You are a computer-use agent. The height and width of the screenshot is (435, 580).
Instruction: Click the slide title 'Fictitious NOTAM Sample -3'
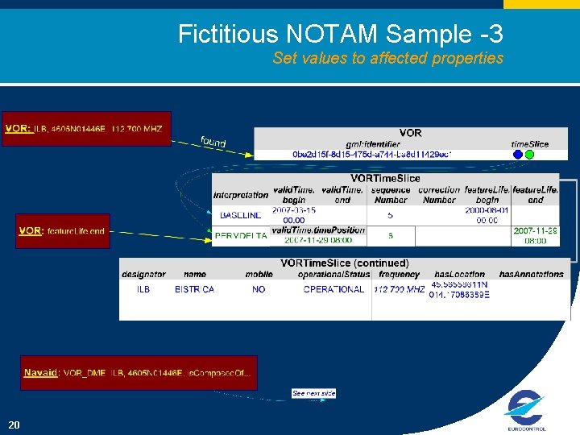point(340,34)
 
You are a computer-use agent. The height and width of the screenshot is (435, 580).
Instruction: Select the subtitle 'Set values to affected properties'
point(387,58)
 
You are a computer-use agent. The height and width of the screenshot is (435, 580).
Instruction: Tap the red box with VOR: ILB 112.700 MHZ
point(86,128)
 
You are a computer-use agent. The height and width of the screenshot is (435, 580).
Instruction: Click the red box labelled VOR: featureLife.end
point(63,230)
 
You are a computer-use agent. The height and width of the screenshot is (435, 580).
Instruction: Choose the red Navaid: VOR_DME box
point(139,372)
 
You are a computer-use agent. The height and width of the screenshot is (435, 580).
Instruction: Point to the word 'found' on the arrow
point(213,143)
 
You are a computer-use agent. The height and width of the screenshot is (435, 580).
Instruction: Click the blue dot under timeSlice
point(517,154)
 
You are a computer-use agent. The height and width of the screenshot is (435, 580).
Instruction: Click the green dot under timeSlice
point(529,154)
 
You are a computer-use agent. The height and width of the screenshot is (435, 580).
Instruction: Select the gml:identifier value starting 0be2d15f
point(371,154)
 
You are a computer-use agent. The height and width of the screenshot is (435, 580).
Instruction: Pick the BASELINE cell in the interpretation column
point(241,215)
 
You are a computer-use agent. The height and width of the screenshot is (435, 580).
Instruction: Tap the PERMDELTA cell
point(241,236)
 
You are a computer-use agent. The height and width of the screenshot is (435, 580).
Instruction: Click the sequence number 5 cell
point(391,215)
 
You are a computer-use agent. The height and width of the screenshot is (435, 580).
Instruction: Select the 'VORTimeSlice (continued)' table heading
point(344,263)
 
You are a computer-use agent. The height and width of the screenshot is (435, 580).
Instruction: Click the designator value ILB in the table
point(143,289)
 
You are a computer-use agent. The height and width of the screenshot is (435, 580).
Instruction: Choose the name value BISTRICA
point(194,289)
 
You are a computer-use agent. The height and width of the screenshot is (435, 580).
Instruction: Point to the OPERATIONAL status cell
point(333,289)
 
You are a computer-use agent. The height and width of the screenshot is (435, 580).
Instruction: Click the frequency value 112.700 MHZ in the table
point(399,289)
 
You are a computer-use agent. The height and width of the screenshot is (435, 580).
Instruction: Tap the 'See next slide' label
point(313,393)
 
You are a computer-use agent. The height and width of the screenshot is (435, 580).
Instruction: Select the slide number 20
point(14,425)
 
